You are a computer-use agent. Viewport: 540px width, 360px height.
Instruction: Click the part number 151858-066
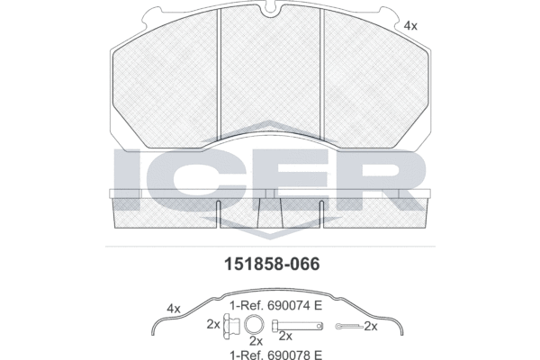[x=272, y=265]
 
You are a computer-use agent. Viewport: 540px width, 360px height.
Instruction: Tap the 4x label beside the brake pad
[x=410, y=26]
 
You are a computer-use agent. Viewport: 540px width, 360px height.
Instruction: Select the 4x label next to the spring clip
[x=174, y=309]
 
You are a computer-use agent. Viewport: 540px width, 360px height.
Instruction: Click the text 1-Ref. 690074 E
[x=276, y=305]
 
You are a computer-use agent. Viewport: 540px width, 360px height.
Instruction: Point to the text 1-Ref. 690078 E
[x=276, y=355]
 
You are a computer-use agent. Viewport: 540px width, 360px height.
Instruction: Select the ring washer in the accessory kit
[x=255, y=325]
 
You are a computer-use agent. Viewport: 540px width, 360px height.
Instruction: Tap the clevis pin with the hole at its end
[x=298, y=326]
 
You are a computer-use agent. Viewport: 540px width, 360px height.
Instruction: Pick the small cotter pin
[x=349, y=326]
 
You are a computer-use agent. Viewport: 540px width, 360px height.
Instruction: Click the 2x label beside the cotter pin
[x=371, y=326]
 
